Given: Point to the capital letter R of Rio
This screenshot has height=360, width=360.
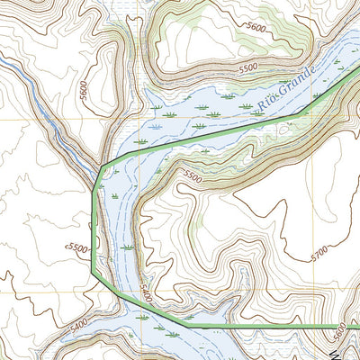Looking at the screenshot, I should (262, 107).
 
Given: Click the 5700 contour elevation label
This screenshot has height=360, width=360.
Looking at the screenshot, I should (319, 256).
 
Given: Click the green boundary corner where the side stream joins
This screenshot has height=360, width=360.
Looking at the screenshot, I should (108, 164).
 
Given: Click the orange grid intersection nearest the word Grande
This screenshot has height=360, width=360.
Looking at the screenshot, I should (291, 119).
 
